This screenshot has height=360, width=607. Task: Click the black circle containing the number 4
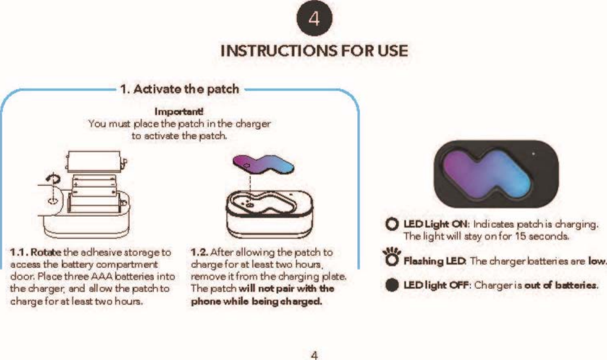[314, 18]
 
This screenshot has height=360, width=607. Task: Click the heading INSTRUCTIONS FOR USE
[314, 51]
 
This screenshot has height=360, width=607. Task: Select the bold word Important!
[179, 112]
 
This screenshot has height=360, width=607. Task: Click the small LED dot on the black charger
[534, 154]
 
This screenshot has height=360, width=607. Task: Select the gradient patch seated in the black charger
[489, 172]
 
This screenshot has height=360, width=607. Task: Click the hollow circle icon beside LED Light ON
[392, 224]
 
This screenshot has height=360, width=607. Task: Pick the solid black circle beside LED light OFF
[392, 285]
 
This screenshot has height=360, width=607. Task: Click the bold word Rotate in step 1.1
[46, 253]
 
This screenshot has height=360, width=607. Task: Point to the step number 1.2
[199, 253]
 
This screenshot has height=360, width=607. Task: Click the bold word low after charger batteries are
[597, 261]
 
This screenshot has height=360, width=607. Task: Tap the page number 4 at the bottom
[314, 355]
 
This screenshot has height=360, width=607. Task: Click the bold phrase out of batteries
[561, 285]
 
